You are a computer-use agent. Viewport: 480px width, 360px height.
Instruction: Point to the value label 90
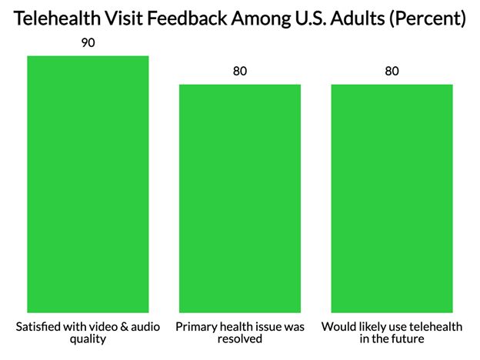click(x=88, y=43)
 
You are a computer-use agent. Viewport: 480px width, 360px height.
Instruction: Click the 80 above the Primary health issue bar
click(x=240, y=72)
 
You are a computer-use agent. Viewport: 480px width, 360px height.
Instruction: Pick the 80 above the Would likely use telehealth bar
click(x=392, y=72)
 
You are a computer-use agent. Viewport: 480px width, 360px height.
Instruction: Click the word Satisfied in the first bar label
click(x=40, y=327)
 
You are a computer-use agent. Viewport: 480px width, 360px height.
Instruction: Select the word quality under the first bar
click(x=88, y=339)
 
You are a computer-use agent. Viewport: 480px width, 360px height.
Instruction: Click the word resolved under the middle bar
click(x=240, y=339)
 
